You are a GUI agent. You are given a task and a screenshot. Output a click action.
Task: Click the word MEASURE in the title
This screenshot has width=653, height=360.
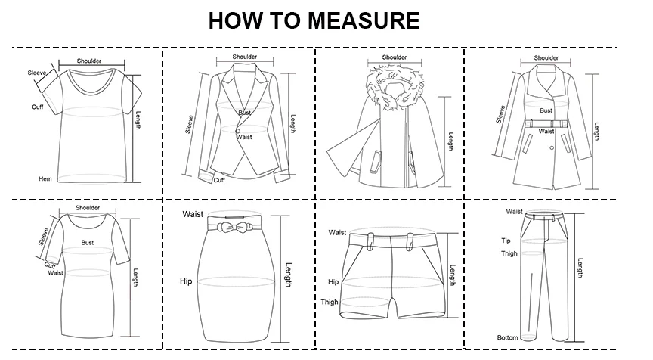click(x=364, y=20)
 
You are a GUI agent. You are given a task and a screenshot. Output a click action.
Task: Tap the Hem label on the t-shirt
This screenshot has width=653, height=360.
click(x=45, y=179)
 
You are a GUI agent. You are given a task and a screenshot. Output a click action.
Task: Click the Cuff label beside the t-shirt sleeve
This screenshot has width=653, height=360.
click(x=38, y=107)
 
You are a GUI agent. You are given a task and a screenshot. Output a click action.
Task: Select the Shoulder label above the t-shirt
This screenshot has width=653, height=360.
click(x=89, y=61)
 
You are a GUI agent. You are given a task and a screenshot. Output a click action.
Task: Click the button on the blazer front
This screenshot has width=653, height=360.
click(x=238, y=131)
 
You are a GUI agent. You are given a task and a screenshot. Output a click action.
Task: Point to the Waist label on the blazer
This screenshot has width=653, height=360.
click(x=244, y=137)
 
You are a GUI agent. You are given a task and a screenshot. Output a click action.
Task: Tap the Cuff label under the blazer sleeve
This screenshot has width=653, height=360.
click(x=219, y=181)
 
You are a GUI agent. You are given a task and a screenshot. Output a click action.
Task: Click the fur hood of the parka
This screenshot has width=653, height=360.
click(x=395, y=88)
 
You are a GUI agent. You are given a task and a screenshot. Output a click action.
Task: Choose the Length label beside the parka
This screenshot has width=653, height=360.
click(x=451, y=141)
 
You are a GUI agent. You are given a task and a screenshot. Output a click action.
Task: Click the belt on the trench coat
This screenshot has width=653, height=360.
click(x=546, y=124)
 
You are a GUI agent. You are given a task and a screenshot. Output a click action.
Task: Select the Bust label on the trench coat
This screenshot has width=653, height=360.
click(x=546, y=111)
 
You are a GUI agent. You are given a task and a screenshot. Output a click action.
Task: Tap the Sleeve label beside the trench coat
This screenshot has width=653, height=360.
click(x=500, y=114)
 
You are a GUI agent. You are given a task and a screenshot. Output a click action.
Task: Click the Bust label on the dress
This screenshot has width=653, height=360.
click(x=88, y=243)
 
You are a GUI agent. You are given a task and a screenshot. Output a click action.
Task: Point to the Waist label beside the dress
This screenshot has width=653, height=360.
click(x=55, y=273)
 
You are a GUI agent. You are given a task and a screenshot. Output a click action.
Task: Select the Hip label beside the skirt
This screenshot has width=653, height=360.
click(x=186, y=281)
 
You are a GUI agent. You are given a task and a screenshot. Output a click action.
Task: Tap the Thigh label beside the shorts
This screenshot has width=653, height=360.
click(x=330, y=302)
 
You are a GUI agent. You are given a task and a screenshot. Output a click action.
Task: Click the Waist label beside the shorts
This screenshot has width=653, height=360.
click(x=337, y=232)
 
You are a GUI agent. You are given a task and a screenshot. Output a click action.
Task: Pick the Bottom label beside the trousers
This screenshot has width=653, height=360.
click(x=507, y=337)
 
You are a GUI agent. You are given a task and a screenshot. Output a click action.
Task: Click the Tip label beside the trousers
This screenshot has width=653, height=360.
click(x=506, y=241)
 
